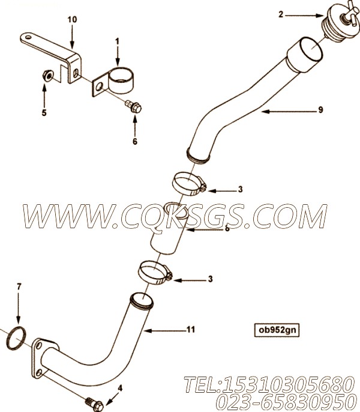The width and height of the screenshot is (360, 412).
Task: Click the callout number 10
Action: (72, 19)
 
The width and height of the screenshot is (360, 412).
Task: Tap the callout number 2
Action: (281, 14)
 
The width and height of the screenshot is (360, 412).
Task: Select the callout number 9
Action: (320, 110)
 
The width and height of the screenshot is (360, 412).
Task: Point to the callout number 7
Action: (19, 286)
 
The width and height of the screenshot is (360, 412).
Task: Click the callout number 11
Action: (191, 329)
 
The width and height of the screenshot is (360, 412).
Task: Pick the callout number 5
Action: (44, 113)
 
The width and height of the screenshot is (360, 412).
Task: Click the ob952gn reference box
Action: (277, 330)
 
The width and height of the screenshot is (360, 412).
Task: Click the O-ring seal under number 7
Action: (16, 339)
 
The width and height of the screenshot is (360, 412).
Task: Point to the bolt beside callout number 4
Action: (95, 404)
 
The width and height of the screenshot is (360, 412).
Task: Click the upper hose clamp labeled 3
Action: (190, 183)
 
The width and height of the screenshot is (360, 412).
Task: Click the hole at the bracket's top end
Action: (29, 37)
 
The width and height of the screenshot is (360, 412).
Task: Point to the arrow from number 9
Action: (288, 112)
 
